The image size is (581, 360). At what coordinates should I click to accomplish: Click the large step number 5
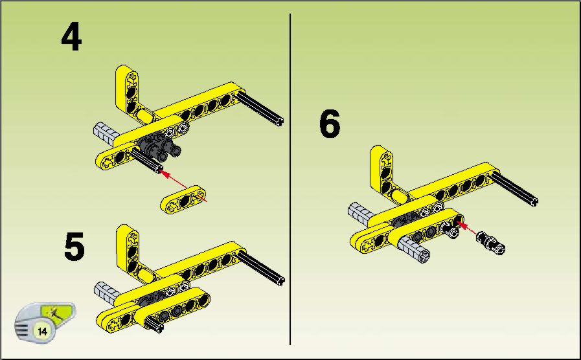(74, 246)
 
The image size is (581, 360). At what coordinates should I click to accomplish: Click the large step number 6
(330, 123)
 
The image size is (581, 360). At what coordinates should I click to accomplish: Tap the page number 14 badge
(43, 331)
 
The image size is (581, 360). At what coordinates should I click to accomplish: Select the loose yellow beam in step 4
(183, 199)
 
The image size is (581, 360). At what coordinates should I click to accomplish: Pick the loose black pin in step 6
(491, 243)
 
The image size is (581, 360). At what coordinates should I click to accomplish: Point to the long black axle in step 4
(259, 108)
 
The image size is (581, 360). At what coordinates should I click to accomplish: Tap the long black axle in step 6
(514, 188)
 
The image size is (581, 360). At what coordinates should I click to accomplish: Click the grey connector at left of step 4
(105, 133)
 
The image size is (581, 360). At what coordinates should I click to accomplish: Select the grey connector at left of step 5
(106, 293)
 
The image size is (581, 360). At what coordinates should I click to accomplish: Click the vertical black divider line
(290, 179)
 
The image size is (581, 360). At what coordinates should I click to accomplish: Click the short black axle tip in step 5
(155, 325)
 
